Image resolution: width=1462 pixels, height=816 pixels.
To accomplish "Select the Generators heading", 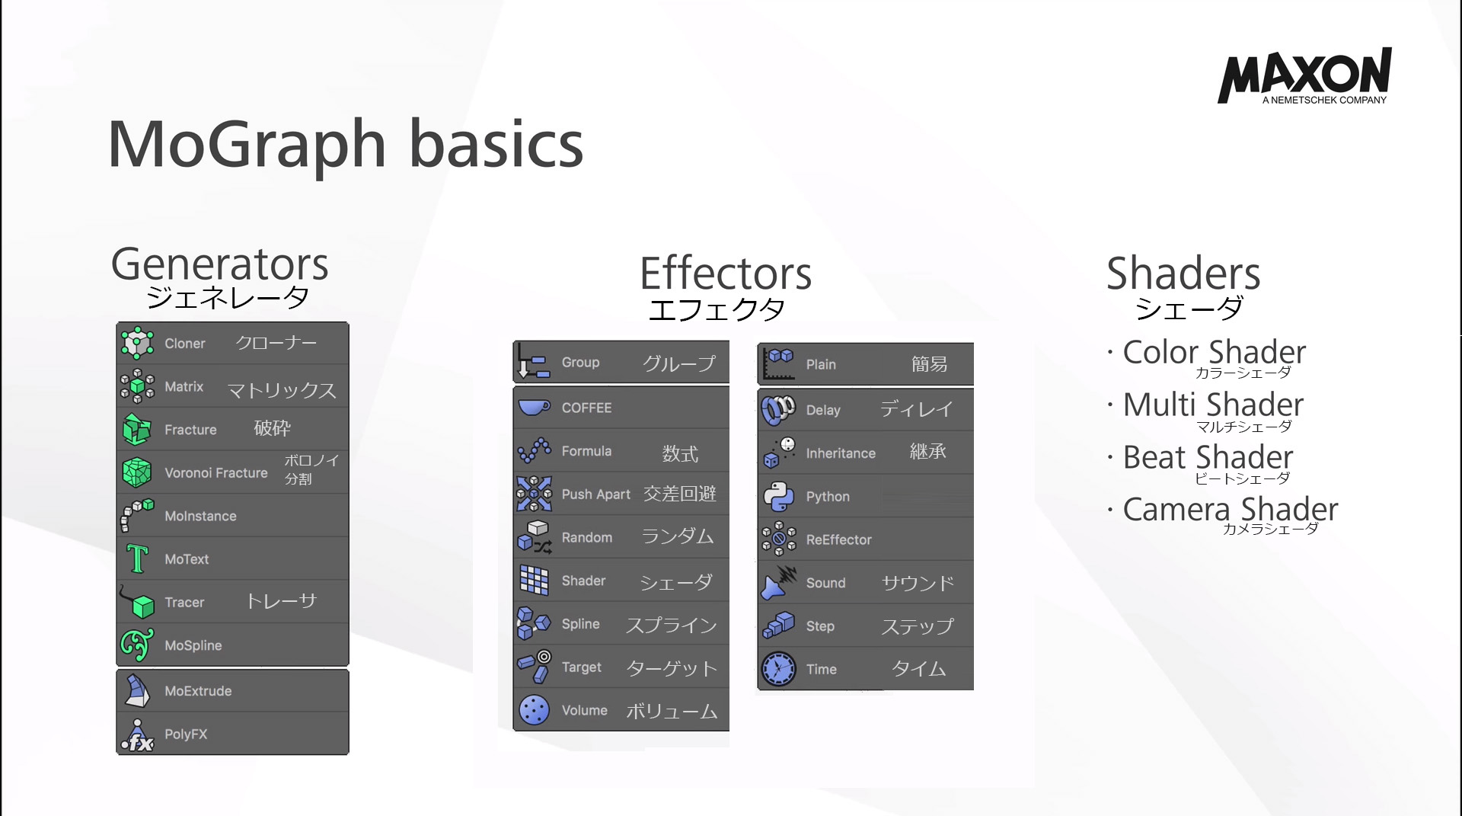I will (x=219, y=264).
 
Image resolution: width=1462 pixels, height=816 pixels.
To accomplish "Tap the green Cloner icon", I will (x=137, y=343).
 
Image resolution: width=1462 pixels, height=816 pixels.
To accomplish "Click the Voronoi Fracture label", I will (x=216, y=473).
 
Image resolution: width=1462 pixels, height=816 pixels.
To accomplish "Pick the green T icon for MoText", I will (x=137, y=558).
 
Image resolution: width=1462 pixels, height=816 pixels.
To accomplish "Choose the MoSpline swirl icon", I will (x=137, y=645).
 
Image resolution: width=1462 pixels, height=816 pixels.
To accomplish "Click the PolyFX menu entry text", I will (x=186, y=734).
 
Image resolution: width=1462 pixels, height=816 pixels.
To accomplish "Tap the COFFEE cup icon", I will (x=534, y=407).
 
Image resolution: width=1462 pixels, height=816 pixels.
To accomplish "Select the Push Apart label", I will (x=595, y=494).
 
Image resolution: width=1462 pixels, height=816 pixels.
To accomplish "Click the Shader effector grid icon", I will (x=534, y=581).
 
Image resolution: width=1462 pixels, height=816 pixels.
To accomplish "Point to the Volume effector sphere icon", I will (x=534, y=710).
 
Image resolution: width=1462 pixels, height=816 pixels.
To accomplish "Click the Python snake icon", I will (x=778, y=497).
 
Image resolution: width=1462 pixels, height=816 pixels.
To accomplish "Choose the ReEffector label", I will (x=838, y=540).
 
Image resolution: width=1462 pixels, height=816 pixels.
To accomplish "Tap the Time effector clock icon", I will (x=778, y=669).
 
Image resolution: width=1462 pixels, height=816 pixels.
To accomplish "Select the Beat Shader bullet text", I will (x=1208, y=457).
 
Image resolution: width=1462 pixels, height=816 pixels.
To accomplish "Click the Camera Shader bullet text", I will (x=1230, y=509).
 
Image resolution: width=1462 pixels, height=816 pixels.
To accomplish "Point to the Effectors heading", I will (x=726, y=274).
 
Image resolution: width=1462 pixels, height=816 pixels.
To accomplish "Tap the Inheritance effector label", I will (x=841, y=453).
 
